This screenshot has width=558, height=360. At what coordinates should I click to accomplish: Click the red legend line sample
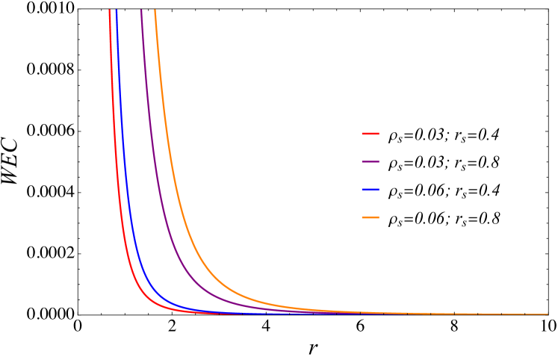coord(371,134)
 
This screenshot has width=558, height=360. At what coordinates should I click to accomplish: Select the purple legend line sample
coord(371,161)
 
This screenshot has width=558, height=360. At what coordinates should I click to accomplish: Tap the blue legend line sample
coord(371,190)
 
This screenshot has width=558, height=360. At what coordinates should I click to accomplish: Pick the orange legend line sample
coord(371,217)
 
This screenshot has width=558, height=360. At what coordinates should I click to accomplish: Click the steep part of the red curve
coord(114,149)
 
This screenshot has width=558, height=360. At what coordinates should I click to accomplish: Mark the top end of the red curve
coord(110,10)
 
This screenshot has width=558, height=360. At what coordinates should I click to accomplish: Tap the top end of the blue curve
coord(117,10)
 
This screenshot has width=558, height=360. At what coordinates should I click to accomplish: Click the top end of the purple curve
coord(141,10)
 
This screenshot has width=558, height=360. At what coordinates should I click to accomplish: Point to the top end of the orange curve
coord(155,10)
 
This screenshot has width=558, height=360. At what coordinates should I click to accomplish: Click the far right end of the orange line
coord(547,314)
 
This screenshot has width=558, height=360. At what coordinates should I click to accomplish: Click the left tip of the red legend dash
coord(362,134)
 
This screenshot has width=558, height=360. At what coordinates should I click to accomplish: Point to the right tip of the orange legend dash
coord(379,217)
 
